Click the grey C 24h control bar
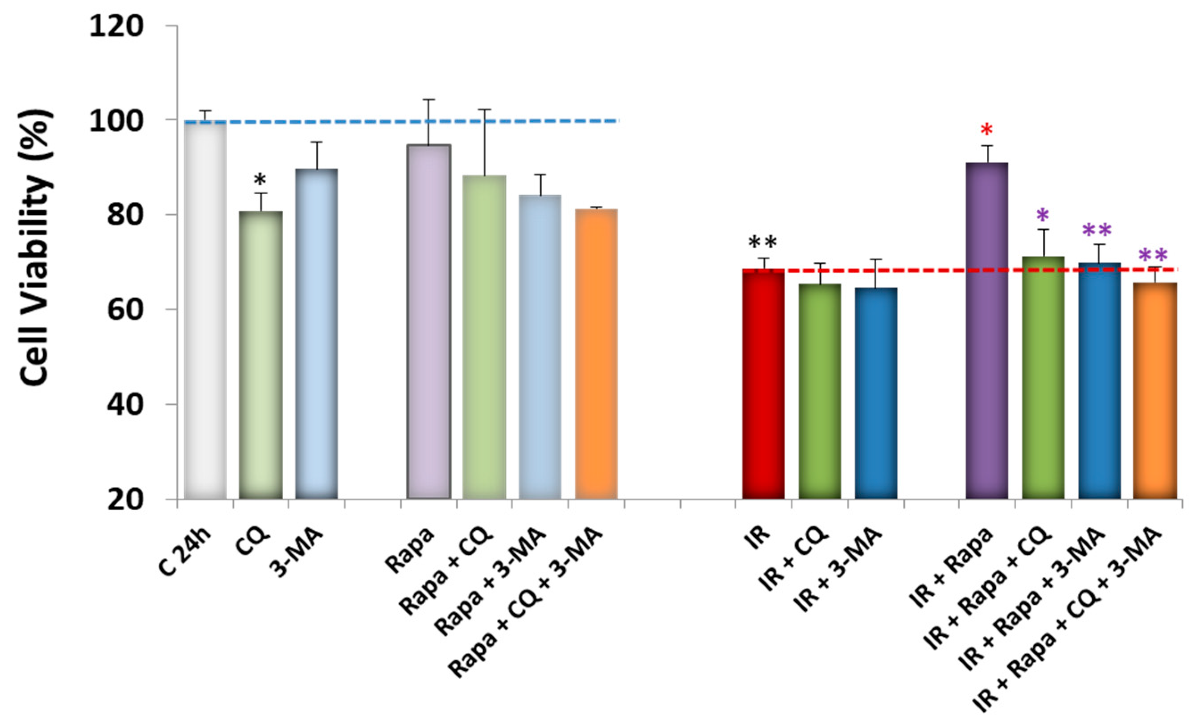pyautogui.click(x=206, y=310)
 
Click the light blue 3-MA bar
pyautogui.click(x=316, y=334)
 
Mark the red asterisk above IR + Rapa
pyautogui.click(x=987, y=130)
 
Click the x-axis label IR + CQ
pyautogui.click(x=793, y=563)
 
